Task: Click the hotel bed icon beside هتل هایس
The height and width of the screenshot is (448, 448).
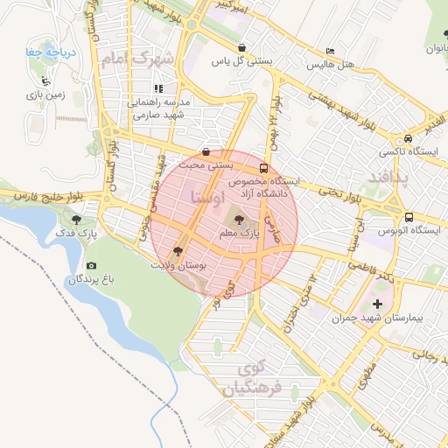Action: coord(329,52)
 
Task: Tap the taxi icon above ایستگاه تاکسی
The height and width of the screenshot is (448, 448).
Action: coord(409,139)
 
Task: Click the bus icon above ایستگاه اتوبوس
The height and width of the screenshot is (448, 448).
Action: coord(409,217)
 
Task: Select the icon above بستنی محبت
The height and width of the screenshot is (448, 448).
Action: coord(206,151)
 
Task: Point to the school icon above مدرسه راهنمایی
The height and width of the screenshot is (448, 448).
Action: coord(158,88)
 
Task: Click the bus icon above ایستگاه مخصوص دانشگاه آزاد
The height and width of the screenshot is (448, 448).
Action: coord(263,168)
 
